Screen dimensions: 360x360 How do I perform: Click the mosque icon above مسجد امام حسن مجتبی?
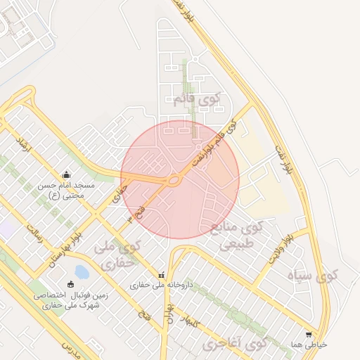pyautogui.click(x=66, y=174)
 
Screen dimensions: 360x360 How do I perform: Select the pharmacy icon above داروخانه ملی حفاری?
pyautogui.click(x=162, y=275)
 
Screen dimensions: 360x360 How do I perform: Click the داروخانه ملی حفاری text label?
pyautogui.click(x=161, y=286)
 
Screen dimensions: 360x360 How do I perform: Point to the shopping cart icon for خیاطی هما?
pyautogui.click(x=309, y=335)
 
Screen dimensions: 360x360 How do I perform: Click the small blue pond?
pyautogui.click(x=82, y=271)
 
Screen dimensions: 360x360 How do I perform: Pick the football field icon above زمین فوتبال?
pyautogui.click(x=70, y=285)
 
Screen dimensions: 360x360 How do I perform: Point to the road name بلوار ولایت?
pyautogui.click(x=279, y=247)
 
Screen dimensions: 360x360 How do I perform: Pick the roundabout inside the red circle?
pyautogui.click(x=173, y=180)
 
